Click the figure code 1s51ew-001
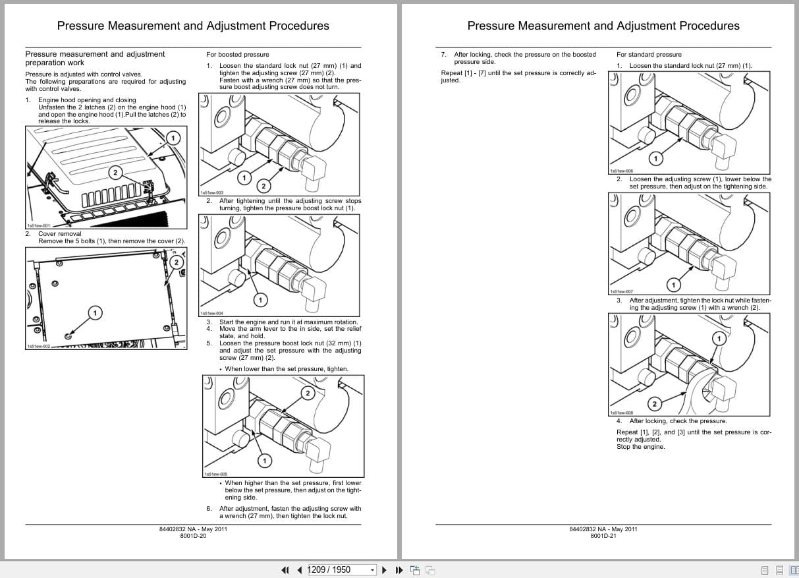[38, 225]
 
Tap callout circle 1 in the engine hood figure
[173, 138]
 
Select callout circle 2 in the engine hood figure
[115, 173]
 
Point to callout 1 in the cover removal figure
[96, 312]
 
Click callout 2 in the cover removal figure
[176, 262]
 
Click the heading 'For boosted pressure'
[238, 54]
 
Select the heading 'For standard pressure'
[649, 54]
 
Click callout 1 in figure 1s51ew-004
[260, 300]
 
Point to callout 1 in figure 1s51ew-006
[655, 158]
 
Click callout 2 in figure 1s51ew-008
[654, 403]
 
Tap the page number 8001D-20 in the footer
[193, 536]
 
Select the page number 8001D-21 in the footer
[603, 536]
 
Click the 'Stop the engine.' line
[640, 447]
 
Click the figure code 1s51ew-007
[621, 292]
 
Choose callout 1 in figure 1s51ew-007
[673, 285]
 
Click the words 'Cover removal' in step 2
[60, 234]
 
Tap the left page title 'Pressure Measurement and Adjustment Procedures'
[193, 26]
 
